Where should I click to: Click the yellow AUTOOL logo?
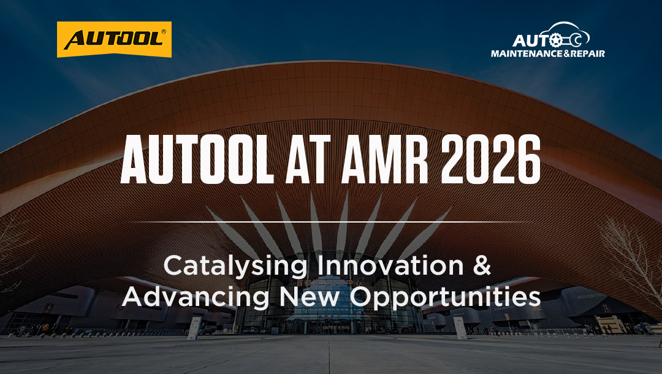(114, 39)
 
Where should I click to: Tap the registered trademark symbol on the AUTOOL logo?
(164, 32)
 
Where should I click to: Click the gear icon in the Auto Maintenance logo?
(556, 40)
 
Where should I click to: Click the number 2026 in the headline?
(490, 159)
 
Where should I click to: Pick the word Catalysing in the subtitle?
(235, 267)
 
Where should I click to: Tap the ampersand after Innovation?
(482, 265)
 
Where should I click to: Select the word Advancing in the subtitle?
(196, 297)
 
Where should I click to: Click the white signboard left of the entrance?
(194, 329)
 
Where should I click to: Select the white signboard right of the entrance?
(460, 328)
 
